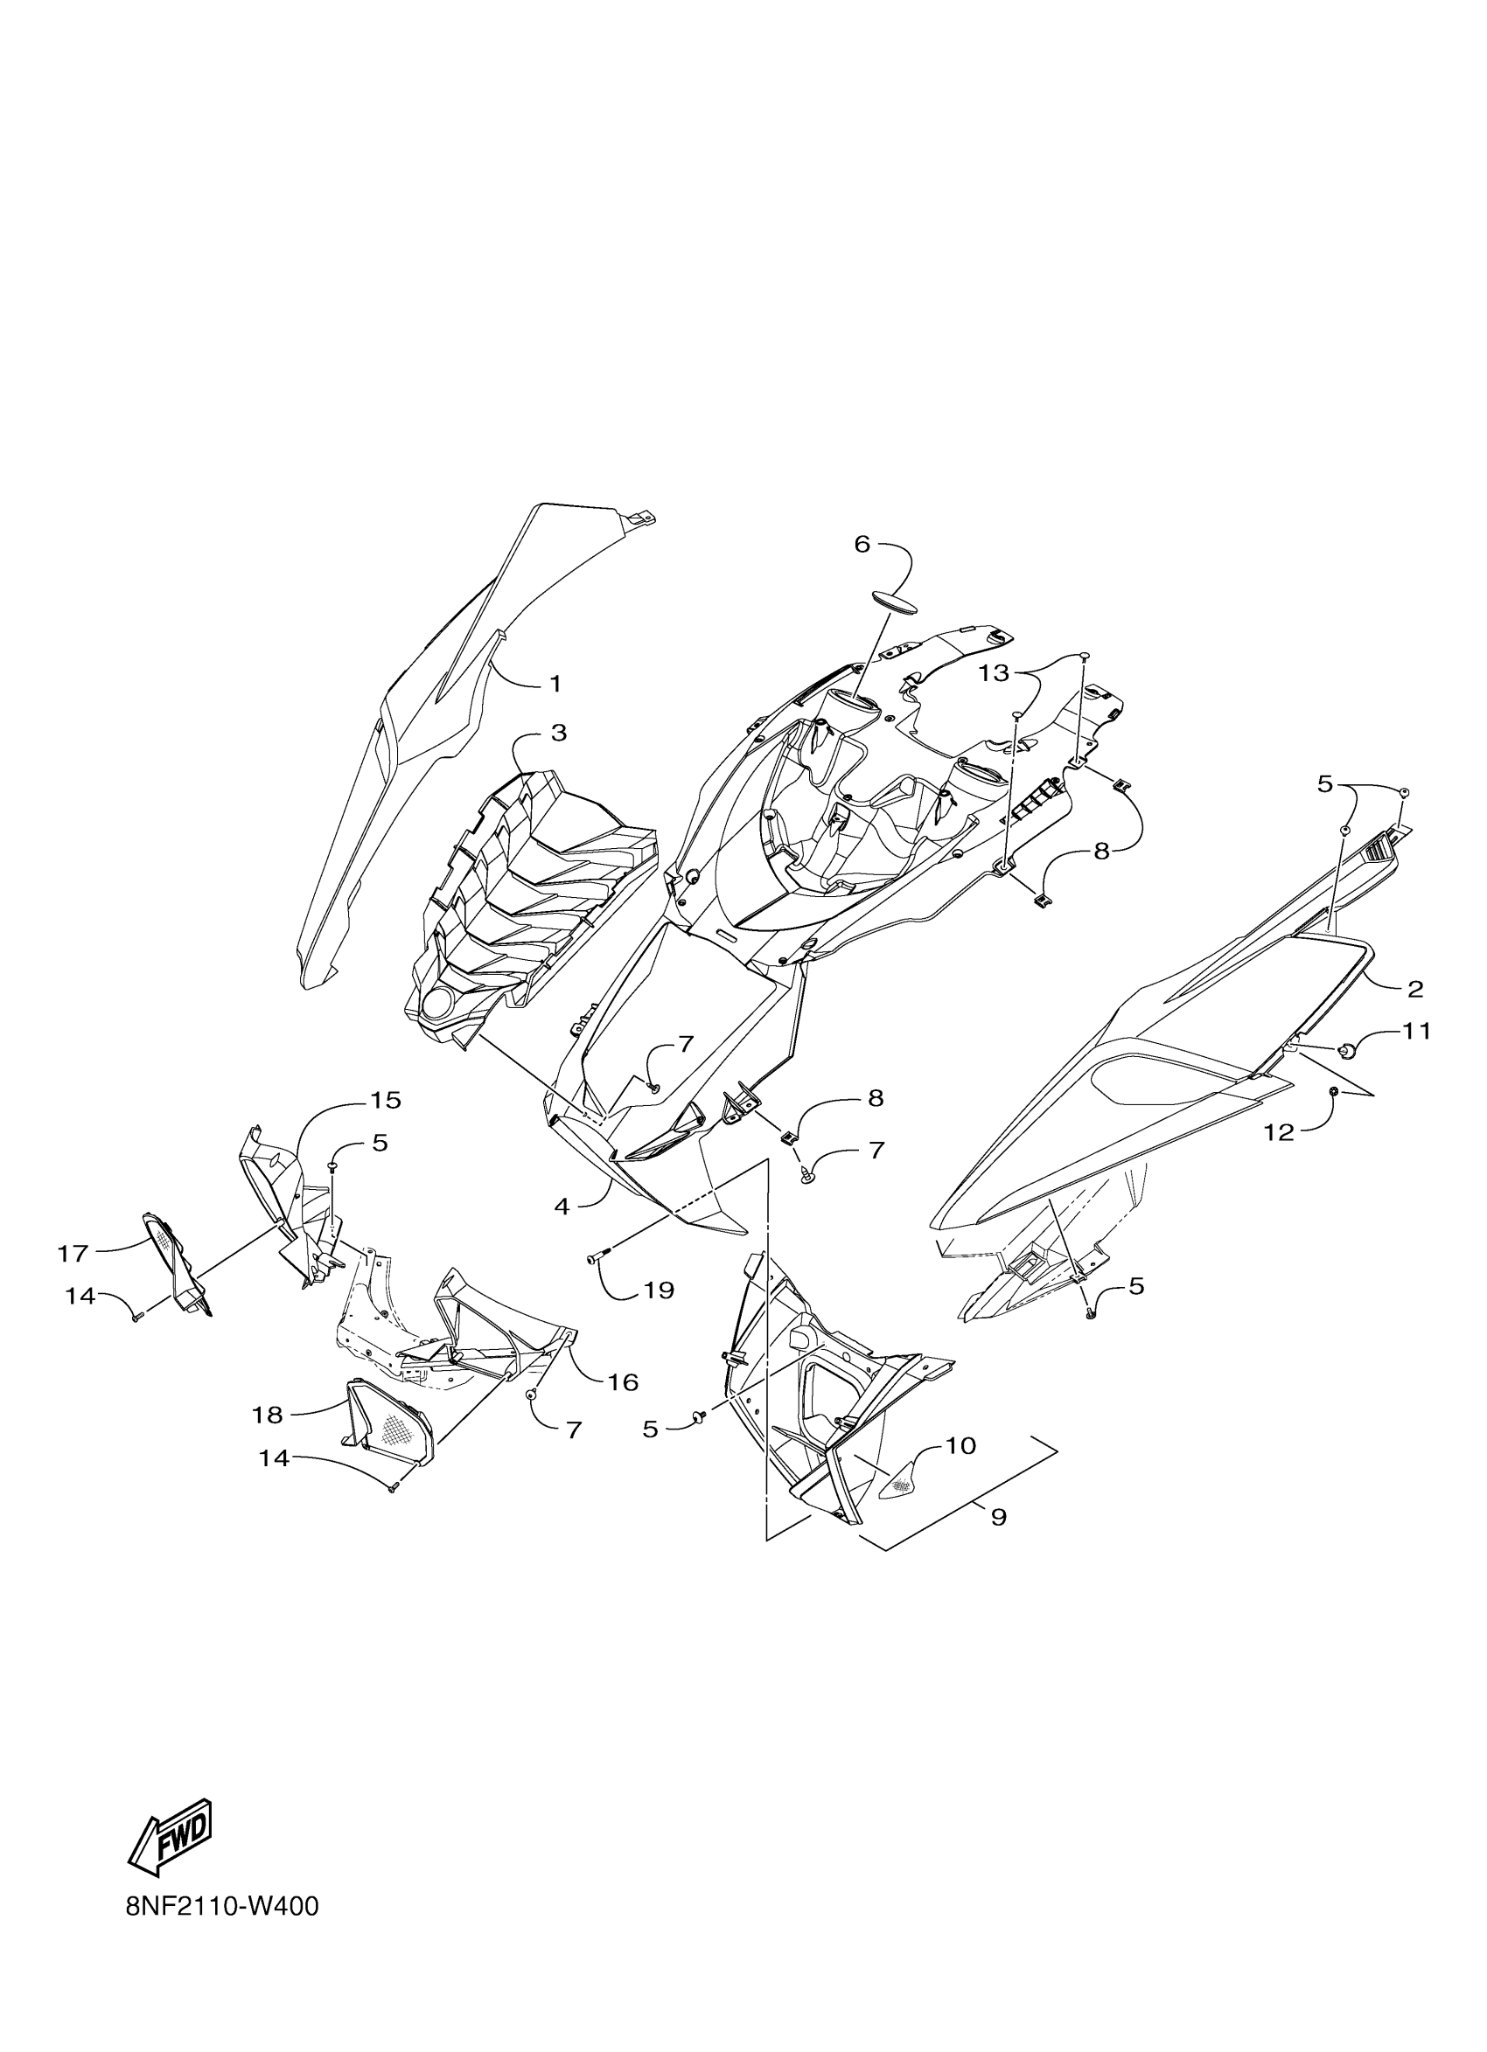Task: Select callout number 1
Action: click(x=555, y=684)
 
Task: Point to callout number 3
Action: click(x=558, y=733)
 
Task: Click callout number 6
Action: click(x=861, y=544)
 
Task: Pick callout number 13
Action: click(x=993, y=674)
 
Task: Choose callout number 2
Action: click(x=1414, y=989)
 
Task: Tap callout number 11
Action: click(x=1416, y=1031)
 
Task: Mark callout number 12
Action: click(x=1279, y=1132)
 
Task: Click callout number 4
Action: click(x=562, y=1206)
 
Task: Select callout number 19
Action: click(x=658, y=1290)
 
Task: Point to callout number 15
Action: click(x=384, y=1100)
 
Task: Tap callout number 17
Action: click(x=73, y=1253)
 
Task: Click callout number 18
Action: click(x=268, y=1414)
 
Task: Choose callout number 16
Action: click(x=623, y=1381)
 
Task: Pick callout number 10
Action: click(x=960, y=1446)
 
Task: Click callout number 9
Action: click(x=997, y=1516)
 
